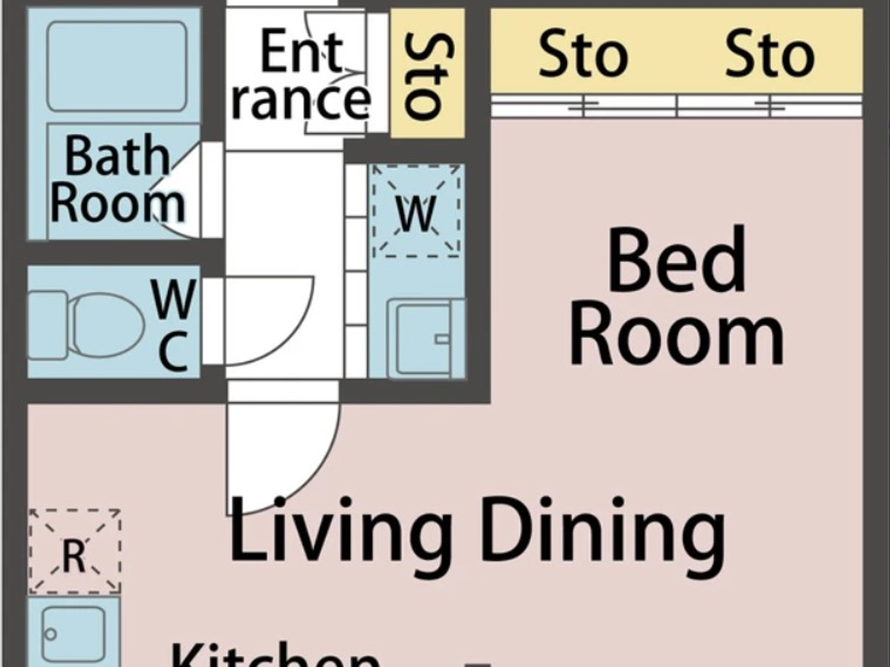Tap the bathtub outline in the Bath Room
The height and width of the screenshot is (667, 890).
[x=118, y=66]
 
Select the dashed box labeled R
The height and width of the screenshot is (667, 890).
[x=74, y=551]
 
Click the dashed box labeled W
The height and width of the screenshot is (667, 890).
[x=416, y=212]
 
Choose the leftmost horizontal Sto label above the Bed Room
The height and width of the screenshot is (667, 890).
[x=583, y=56]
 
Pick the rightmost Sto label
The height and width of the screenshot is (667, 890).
[x=769, y=56]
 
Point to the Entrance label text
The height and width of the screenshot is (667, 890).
[x=301, y=76]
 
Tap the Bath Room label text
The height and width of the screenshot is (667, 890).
[x=118, y=180]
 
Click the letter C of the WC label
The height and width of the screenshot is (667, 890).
[x=173, y=353]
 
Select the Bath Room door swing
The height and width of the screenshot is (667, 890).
[x=181, y=191]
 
